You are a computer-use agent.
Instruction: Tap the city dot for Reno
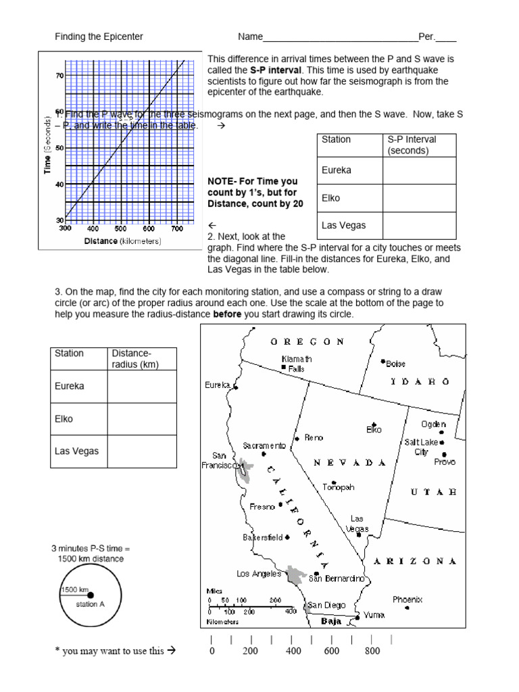point(297,438)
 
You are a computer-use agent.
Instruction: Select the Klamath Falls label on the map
point(297,364)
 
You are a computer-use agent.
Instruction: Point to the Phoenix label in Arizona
point(407,599)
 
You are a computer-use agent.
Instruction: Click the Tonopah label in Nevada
point(339,487)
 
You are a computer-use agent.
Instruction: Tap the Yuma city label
point(373,616)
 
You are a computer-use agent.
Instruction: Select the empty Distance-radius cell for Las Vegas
point(142,451)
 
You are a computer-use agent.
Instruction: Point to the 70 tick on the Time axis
point(59,76)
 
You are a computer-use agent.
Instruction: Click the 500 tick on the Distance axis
point(120,229)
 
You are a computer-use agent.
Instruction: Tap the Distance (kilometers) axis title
point(122,241)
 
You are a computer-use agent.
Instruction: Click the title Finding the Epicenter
point(99,36)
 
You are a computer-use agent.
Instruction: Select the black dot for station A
point(91,595)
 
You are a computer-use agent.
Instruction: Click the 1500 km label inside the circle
point(74,589)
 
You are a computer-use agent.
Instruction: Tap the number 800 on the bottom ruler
point(372,651)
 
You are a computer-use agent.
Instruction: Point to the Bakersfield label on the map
point(263,538)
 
